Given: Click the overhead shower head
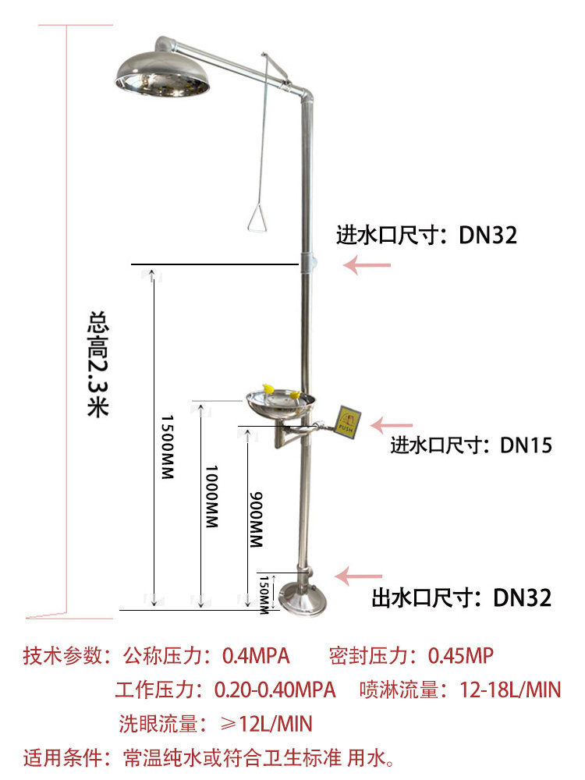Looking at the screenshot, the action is click(162, 75).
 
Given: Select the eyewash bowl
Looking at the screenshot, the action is click(281, 405).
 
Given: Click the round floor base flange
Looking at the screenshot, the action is click(303, 601).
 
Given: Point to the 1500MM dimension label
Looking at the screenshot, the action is click(168, 447).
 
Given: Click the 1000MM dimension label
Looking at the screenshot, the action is click(212, 496).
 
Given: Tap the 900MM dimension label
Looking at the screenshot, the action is click(256, 519).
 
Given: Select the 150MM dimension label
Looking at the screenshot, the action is click(264, 594).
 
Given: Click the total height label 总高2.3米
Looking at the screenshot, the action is click(98, 364).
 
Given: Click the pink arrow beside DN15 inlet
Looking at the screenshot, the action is click(392, 425).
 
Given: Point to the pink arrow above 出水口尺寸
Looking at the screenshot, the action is click(359, 576).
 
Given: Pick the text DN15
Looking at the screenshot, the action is click(526, 445).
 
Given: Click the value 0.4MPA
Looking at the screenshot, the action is click(256, 656).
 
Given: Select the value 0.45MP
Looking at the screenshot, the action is click(461, 656).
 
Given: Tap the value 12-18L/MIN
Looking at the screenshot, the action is click(510, 690).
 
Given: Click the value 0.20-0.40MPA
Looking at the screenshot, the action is click(275, 690).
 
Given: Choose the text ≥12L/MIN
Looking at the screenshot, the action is click(266, 724).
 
